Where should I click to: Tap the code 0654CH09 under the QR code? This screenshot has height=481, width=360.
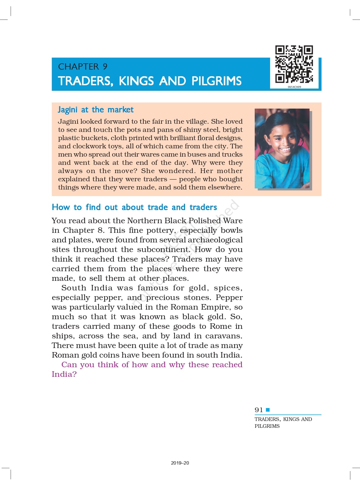[294, 87]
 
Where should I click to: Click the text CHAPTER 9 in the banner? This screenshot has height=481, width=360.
[83, 67]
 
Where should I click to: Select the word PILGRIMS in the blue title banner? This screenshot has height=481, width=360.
[216, 81]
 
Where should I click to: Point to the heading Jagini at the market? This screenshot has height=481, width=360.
[95, 110]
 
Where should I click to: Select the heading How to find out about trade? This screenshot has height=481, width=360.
[134, 207]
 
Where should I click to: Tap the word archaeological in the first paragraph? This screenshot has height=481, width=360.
[215, 240]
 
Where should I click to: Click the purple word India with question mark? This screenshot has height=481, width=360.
[64, 374]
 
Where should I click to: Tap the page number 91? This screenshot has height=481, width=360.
[259, 410]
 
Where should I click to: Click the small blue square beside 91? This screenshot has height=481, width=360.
[268, 410]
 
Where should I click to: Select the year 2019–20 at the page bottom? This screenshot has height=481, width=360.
[180, 463]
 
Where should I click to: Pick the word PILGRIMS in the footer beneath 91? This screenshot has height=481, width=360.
[267, 426]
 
